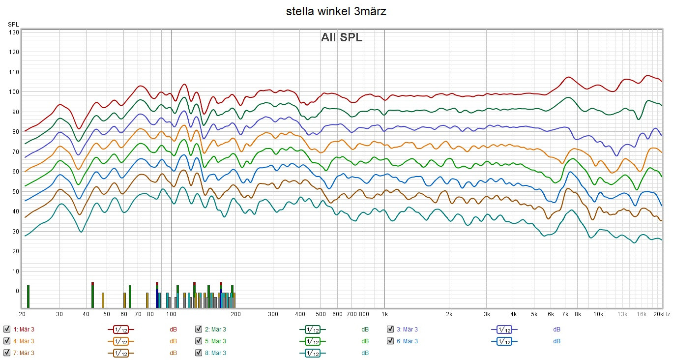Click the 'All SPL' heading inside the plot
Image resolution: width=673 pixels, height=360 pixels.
[x=342, y=37]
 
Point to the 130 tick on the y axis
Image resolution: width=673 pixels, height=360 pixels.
[x=14, y=32]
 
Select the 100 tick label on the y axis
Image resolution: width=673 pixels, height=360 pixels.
[x=14, y=92]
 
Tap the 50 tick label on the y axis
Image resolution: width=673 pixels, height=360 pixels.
[x=15, y=191]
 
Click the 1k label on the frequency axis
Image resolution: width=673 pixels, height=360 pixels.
[x=385, y=314]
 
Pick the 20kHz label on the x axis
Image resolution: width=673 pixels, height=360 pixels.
[x=662, y=314]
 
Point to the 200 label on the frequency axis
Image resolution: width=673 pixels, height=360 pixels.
[x=235, y=314]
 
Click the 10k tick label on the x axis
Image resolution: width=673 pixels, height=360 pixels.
[x=598, y=314]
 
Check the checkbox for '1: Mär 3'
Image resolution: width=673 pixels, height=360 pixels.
[x=6, y=330]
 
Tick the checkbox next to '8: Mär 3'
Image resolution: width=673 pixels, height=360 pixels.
[x=199, y=353]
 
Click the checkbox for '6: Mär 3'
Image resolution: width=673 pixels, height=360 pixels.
[x=390, y=341]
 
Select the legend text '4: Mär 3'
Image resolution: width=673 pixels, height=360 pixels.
[x=24, y=341]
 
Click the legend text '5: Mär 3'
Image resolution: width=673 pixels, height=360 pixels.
[x=215, y=341]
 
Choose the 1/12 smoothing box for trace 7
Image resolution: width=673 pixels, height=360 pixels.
[x=121, y=353]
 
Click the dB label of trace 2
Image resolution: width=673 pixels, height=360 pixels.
[x=365, y=330]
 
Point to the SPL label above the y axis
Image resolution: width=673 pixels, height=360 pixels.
[x=13, y=24]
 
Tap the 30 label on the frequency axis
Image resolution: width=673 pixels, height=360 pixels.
[x=59, y=314]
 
